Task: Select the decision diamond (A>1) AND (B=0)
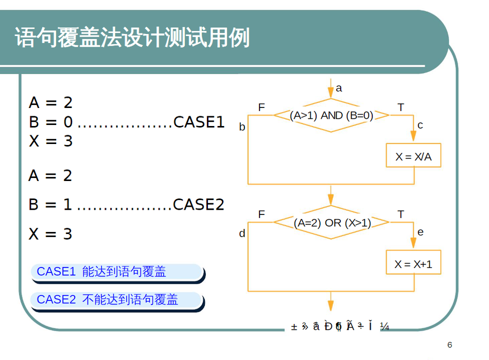tap(331, 115)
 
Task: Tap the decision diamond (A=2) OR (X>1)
tap(331, 223)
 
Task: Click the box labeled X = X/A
tap(413, 156)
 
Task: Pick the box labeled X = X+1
tap(413, 264)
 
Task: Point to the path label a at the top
tap(339, 88)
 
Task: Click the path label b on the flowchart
tap(242, 127)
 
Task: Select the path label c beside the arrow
tap(421, 125)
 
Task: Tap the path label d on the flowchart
tap(242, 233)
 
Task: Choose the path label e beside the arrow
tap(421, 232)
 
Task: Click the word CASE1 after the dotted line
tap(199, 122)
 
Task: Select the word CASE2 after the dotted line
tap(199, 205)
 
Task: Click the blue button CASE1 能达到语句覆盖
tap(116, 272)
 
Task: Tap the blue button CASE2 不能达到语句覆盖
tap(116, 299)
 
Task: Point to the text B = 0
tap(50, 122)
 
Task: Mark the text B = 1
tap(50, 205)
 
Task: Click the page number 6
tap(449, 345)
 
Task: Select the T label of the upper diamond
tap(400, 107)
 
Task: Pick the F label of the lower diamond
tap(261, 214)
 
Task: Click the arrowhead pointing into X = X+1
tap(413, 244)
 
